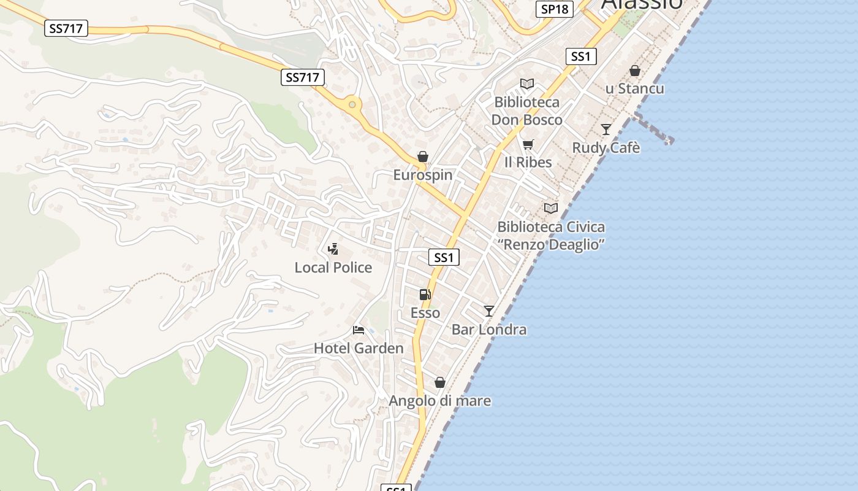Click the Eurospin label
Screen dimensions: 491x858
(423, 175)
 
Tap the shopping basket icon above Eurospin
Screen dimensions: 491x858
(423, 157)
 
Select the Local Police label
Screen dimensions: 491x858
(333, 268)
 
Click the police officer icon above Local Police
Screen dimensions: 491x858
(333, 249)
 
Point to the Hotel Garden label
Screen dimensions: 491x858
(359, 349)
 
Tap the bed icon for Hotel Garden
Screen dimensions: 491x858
(359, 330)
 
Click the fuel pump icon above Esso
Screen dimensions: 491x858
(425, 295)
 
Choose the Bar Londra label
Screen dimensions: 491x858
(489, 330)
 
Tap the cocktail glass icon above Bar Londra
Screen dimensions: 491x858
(488, 311)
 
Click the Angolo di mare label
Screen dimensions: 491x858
(440, 401)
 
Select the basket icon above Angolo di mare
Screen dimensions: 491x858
(440, 382)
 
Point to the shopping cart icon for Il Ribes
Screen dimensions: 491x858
(528, 145)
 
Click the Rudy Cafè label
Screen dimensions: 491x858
(606, 148)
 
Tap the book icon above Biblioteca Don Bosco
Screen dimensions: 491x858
(527, 84)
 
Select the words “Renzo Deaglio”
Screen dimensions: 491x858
(551, 244)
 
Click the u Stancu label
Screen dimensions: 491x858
(635, 88)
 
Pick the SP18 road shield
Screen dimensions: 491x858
(555, 9)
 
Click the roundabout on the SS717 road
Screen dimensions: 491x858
(352, 105)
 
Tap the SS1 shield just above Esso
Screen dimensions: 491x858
(444, 258)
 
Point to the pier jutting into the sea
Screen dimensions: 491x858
(655, 129)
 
